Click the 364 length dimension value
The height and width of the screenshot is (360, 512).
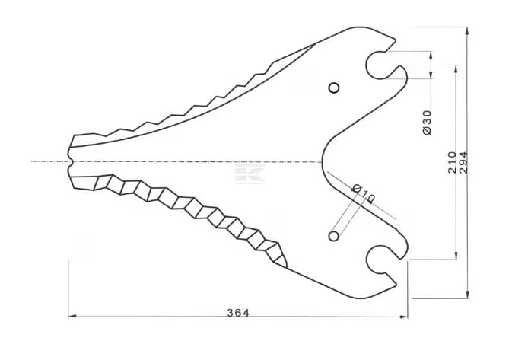pyautogui.click(x=238, y=313)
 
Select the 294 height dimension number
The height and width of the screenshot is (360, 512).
pyautogui.click(x=463, y=163)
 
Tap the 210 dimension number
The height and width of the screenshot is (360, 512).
pyautogui.click(x=452, y=163)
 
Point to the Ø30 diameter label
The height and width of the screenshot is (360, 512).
pyautogui.click(x=427, y=123)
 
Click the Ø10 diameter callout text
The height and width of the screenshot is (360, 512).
pyautogui.click(x=364, y=194)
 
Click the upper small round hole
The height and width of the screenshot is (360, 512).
pyautogui.click(x=334, y=88)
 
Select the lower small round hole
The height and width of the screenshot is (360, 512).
pyautogui.click(x=333, y=236)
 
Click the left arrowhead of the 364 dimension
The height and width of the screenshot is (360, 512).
pyautogui.click(x=72, y=316)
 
